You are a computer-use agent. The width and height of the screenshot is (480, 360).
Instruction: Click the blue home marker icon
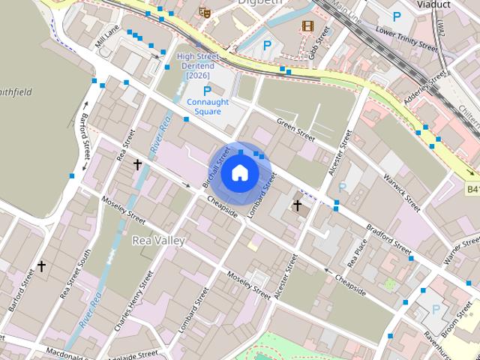[x=239, y=172]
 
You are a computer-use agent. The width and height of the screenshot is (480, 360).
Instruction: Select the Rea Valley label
[x=158, y=240]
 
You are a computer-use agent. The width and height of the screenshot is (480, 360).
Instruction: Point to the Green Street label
[x=295, y=129]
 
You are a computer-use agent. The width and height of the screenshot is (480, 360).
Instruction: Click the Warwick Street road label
[x=403, y=193]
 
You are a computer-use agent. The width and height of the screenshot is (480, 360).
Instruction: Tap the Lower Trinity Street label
[x=406, y=39]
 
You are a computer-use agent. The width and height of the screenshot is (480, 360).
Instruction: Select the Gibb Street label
[x=319, y=43]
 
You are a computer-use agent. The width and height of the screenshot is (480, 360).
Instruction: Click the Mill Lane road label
[x=107, y=35]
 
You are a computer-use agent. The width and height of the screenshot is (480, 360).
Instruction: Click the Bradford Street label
[x=388, y=236]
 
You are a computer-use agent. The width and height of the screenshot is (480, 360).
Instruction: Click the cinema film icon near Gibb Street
[x=307, y=25]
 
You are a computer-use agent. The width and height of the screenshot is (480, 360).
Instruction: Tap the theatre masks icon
[x=204, y=12]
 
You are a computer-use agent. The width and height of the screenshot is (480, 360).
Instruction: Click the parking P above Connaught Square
[x=207, y=91]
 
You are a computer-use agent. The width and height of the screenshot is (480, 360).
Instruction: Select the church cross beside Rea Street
[x=137, y=163]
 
